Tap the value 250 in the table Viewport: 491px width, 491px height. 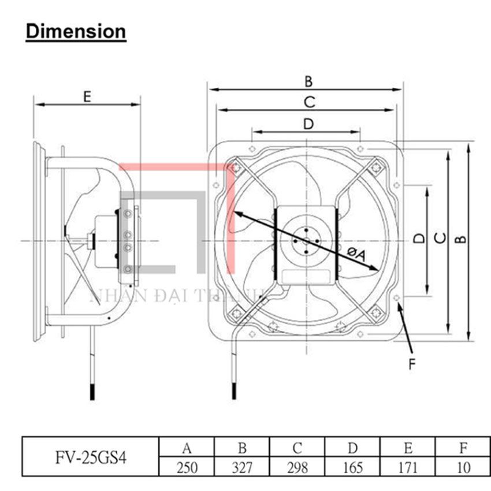click(187, 467)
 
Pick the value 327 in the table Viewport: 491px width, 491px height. click(242, 467)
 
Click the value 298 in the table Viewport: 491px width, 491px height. click(297, 467)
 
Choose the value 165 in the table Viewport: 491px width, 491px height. click(353, 467)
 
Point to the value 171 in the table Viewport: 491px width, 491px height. click(408, 467)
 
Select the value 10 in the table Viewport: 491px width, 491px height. click(463, 467)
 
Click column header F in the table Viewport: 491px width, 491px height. click(463, 447)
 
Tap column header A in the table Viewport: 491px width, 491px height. click(187, 447)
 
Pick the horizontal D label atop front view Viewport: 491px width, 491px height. click(308, 123)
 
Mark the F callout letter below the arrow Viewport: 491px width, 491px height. click(412, 364)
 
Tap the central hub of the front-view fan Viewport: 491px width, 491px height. click(305, 239)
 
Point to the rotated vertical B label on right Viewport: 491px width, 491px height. click(460, 239)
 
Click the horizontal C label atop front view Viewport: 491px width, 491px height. click(309, 102)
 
